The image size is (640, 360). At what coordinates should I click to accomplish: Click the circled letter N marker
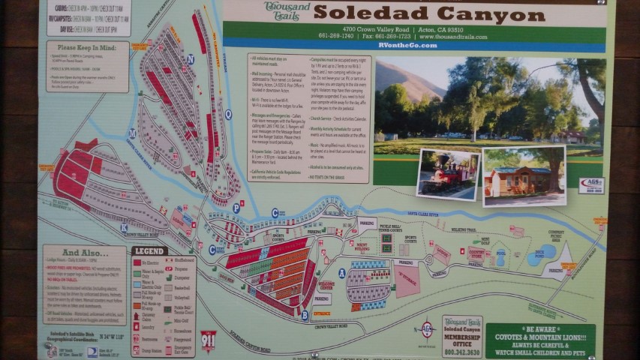[x=191, y=58]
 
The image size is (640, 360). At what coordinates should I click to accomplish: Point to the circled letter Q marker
[x=228, y=115]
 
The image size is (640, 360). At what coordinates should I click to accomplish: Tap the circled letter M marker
[x=132, y=133]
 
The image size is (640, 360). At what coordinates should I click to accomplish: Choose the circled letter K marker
[x=124, y=226]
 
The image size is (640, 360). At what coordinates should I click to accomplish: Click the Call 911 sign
[x=209, y=340]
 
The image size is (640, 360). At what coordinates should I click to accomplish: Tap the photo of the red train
[x=449, y=174]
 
